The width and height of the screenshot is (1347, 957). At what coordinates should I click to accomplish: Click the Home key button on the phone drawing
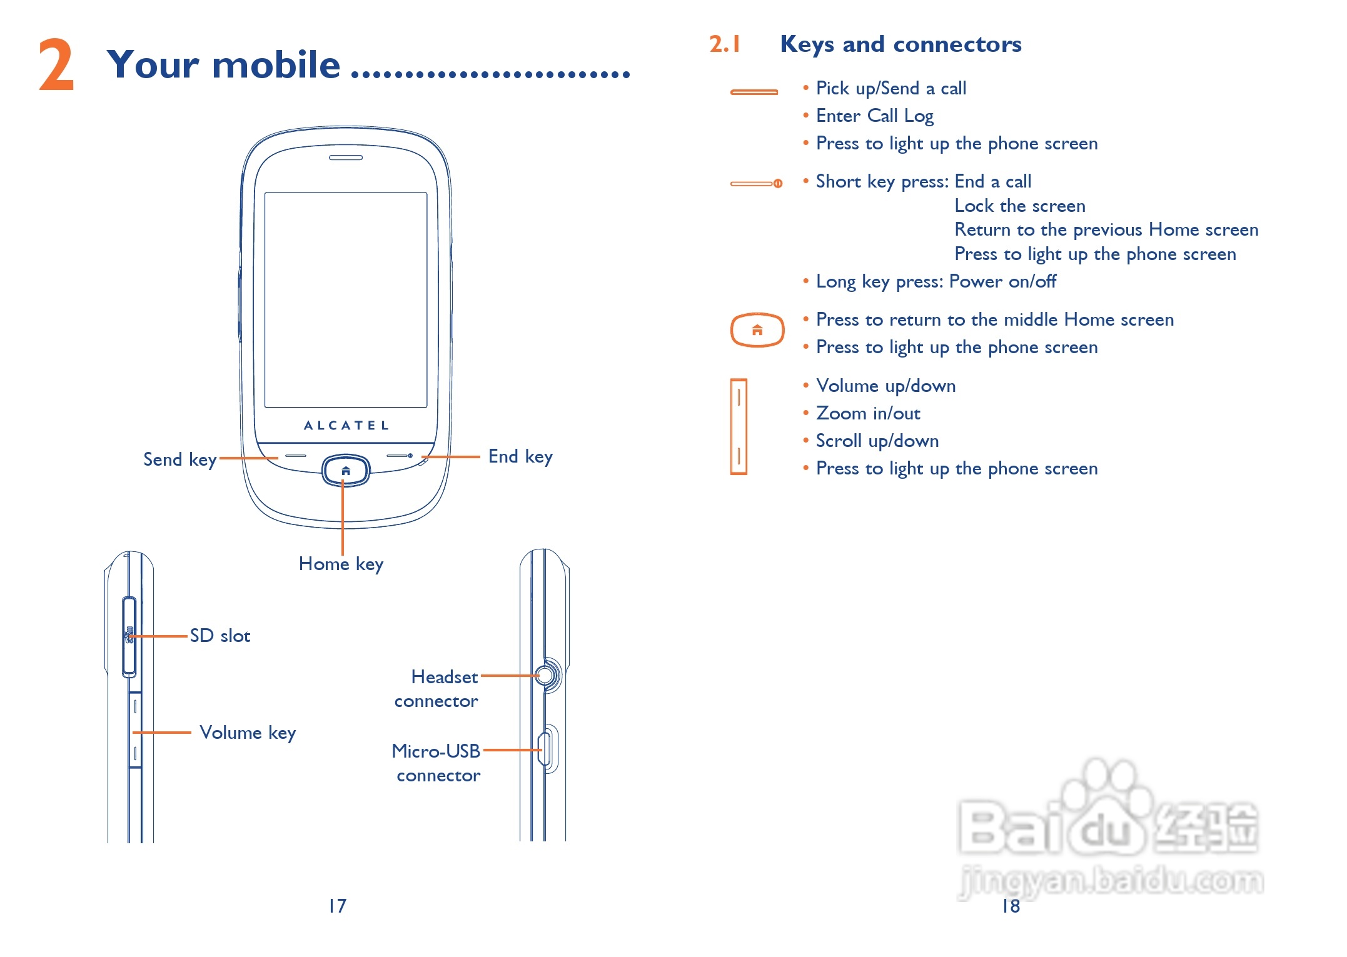[x=346, y=471]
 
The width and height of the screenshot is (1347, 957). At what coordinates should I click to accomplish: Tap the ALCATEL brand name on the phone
[x=346, y=426]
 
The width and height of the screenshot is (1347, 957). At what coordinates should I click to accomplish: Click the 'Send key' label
[x=180, y=459]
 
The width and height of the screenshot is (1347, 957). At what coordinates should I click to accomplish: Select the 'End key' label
[x=520, y=456]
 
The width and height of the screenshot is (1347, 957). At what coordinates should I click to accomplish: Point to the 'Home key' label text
[x=341, y=564]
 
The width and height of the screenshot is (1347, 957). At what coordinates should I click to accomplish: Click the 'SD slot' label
[x=220, y=636]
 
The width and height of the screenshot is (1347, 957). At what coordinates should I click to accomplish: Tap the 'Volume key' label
[x=248, y=733]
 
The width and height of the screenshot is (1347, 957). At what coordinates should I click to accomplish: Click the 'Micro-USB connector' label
[x=436, y=763]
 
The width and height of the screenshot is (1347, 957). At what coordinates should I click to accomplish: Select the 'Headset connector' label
[x=437, y=689]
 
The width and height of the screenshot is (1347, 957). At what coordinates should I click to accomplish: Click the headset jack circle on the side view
[x=545, y=675]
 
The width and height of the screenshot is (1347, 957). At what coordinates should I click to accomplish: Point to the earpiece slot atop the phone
[x=346, y=158]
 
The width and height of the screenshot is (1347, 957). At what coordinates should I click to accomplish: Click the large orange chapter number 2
[x=56, y=65]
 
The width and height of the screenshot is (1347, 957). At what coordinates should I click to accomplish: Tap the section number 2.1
[x=725, y=44]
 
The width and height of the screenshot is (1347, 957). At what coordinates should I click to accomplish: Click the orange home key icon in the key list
[x=757, y=329]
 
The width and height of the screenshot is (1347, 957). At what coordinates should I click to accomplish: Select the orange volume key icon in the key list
[x=739, y=427]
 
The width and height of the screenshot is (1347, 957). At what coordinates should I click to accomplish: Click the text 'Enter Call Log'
[x=875, y=116]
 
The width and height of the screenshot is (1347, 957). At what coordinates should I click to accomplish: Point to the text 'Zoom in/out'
[x=868, y=413]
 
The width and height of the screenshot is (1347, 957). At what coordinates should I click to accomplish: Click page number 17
[x=337, y=906]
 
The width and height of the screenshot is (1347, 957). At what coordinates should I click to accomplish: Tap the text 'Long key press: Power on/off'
[x=936, y=281]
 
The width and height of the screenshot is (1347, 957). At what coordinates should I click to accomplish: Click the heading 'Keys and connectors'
[x=901, y=44]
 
